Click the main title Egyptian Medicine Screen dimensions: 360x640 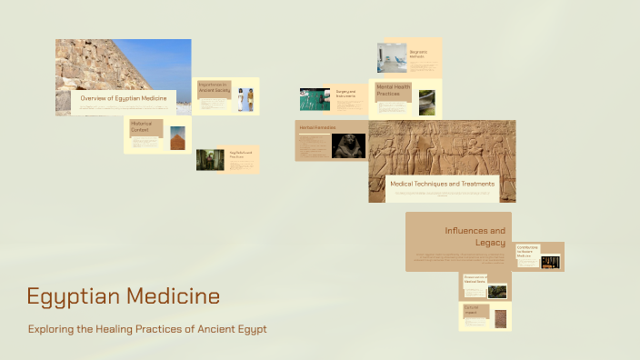pyautogui.click(x=123, y=296)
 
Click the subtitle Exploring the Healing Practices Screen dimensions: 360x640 pyautogui.click(x=147, y=329)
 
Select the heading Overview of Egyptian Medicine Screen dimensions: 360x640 pyautogui.click(x=124, y=97)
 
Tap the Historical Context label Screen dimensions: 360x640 pyautogui.click(x=141, y=126)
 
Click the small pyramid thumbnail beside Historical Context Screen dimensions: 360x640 pyautogui.click(x=177, y=137)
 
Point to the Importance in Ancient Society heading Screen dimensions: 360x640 pyautogui.click(x=215, y=87)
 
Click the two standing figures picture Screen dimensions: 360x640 pyautogui.click(x=245, y=99)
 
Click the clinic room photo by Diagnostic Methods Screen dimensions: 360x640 pyautogui.click(x=392, y=56)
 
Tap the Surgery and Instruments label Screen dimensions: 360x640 pyautogui.click(x=345, y=94)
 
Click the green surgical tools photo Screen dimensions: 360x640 pyautogui.click(x=315, y=99)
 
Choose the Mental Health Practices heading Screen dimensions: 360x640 pyautogui.click(x=394, y=90)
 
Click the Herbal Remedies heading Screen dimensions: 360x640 pyautogui.click(x=318, y=127)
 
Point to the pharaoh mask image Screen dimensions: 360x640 pyautogui.click(x=349, y=145)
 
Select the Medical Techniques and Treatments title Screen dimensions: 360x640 pyautogui.click(x=442, y=184)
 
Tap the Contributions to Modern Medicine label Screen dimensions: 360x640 pyautogui.click(x=528, y=252)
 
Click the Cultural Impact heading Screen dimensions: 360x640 pyautogui.click(x=474, y=311)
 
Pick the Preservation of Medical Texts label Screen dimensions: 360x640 pyautogui.click(x=475, y=280)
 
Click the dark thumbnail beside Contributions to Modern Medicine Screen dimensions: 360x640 pyautogui.click(x=550, y=262)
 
